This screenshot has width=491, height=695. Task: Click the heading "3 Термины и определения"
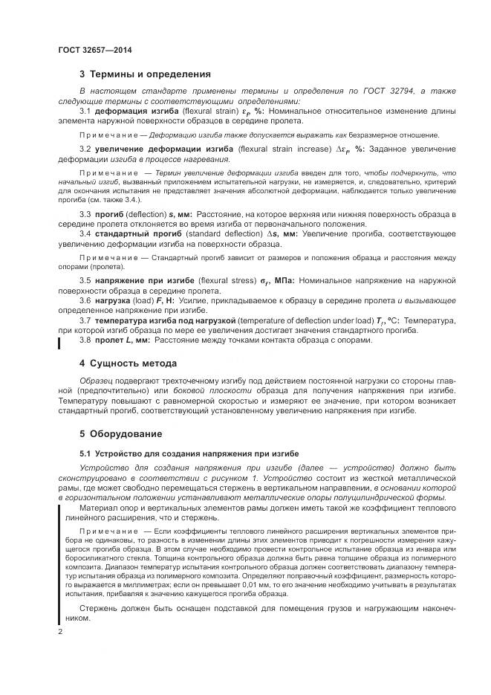(x=145, y=74)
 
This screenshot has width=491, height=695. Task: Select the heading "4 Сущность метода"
(x=128, y=363)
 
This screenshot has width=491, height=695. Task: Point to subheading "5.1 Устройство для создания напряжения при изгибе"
(x=189, y=453)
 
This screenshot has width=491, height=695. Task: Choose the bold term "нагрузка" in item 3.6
(x=114, y=300)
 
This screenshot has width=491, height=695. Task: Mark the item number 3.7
(x=85, y=320)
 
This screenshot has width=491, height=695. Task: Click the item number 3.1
(x=85, y=111)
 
